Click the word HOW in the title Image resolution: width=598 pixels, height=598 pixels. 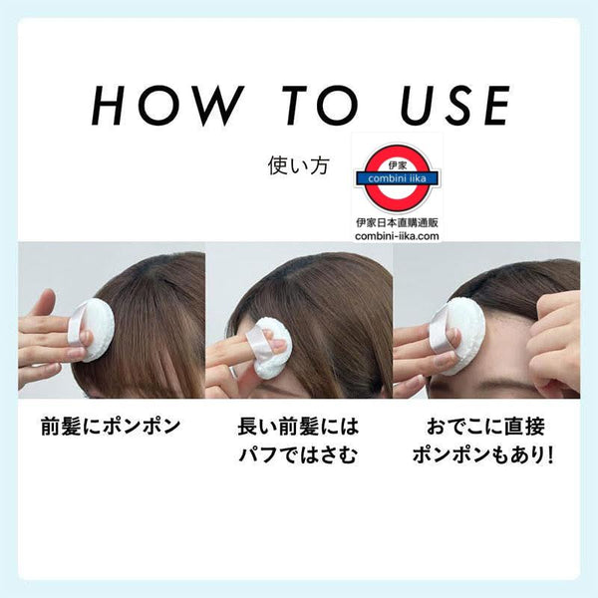pos(165,106)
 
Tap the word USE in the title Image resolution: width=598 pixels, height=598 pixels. pos(454,106)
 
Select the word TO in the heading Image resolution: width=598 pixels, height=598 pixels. pos(320,106)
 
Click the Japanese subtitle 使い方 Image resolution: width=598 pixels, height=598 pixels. pos(298,166)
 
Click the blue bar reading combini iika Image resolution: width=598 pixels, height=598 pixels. pos(397,178)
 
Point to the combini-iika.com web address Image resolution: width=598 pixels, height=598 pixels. pos(397,236)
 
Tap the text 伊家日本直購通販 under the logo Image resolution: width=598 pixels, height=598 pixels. pos(397,223)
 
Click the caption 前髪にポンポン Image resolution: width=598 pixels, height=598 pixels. pos(111,427)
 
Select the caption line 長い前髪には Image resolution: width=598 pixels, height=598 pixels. pos(298,427)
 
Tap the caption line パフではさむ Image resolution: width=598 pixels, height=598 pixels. pos(298,455)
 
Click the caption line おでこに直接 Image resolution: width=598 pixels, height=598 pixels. pos(485,427)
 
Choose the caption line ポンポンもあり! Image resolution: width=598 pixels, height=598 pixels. pos(482,455)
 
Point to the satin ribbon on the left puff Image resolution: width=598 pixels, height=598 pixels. pos(78,326)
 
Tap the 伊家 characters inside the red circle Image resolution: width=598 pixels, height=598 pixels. pos(397,165)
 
